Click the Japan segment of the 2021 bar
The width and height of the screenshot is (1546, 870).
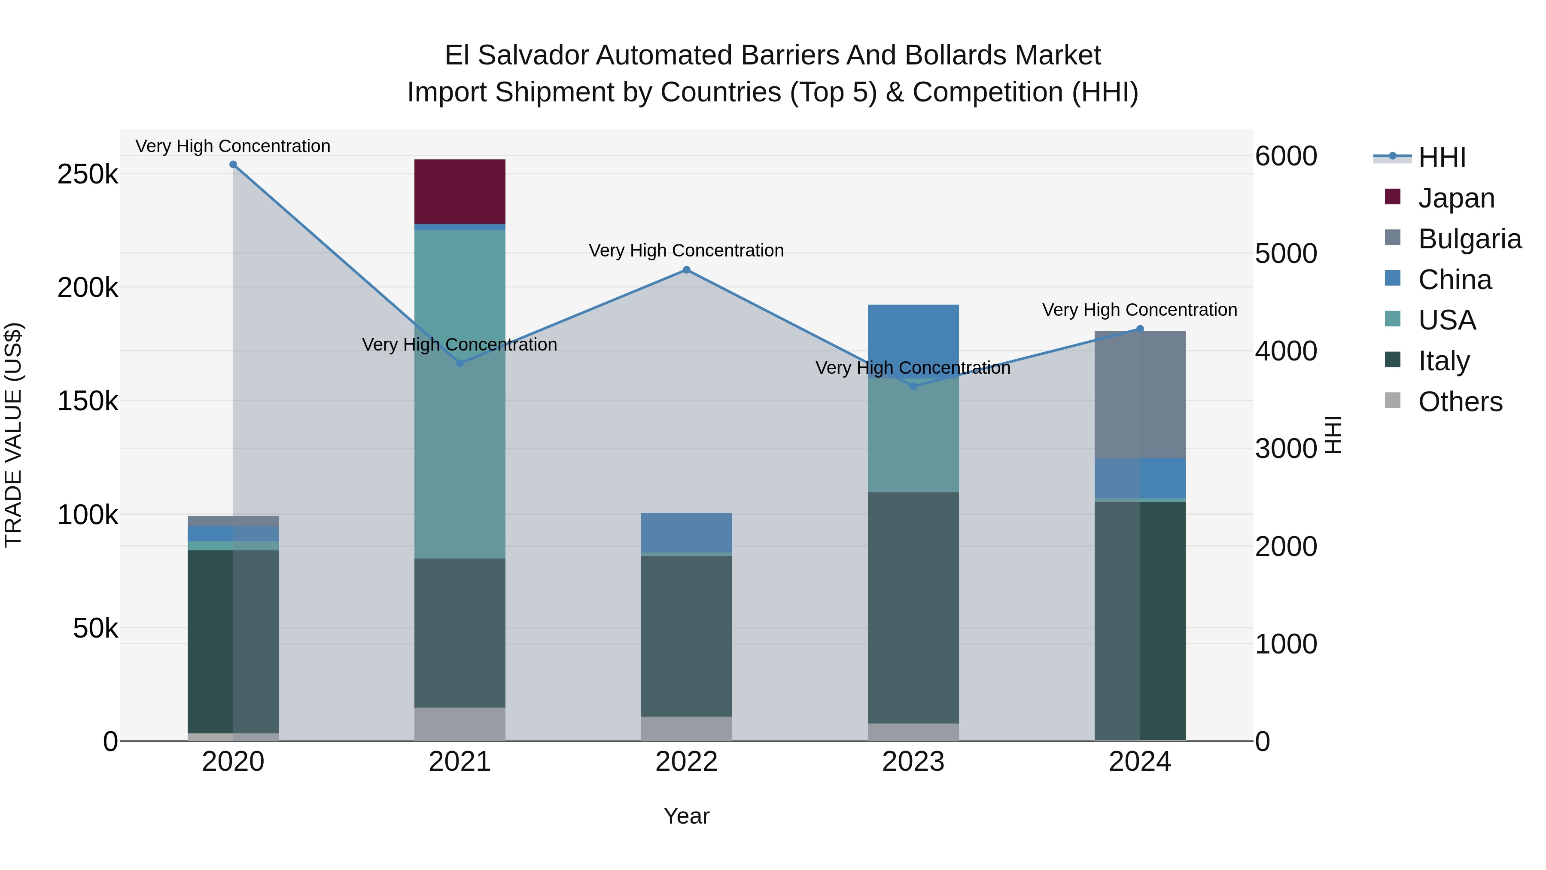[460, 192]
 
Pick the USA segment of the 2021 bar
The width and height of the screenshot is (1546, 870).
[460, 394]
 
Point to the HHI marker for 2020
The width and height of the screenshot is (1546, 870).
[234, 165]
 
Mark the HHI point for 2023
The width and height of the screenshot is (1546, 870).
[913, 386]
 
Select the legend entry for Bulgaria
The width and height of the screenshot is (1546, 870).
[1469, 239]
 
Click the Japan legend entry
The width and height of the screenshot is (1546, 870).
[1456, 198]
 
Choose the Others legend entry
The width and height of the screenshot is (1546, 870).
[1460, 402]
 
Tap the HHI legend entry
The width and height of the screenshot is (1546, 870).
[1442, 157]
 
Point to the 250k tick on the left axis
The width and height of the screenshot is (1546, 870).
[88, 175]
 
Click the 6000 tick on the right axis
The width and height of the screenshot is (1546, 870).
[1285, 156]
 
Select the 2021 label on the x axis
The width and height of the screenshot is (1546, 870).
[460, 762]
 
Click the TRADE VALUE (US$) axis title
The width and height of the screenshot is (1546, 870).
[13, 435]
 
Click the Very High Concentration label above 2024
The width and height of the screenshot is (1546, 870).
[1140, 310]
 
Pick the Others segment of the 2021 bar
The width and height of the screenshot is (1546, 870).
[460, 724]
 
